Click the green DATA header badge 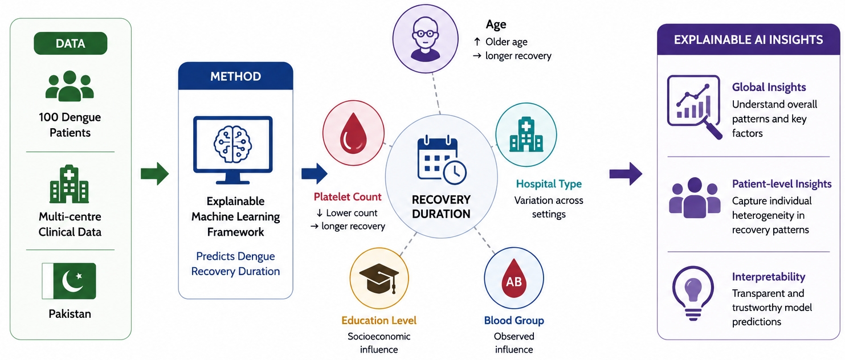point(71,43)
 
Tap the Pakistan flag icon point(69,281)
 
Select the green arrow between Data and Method point(154,174)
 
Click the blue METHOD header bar point(236,76)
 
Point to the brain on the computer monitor point(232,144)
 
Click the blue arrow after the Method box point(314,174)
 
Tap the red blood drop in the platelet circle point(353,133)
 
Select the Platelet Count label point(348,197)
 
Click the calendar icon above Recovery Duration point(442,160)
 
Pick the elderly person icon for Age point(426,39)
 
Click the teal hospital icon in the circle point(526,134)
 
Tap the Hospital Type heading point(549,184)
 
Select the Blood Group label point(514,321)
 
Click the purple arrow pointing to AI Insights point(626,174)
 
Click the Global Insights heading point(769,87)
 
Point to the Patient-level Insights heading point(782,184)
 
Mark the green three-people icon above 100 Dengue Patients point(70,86)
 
